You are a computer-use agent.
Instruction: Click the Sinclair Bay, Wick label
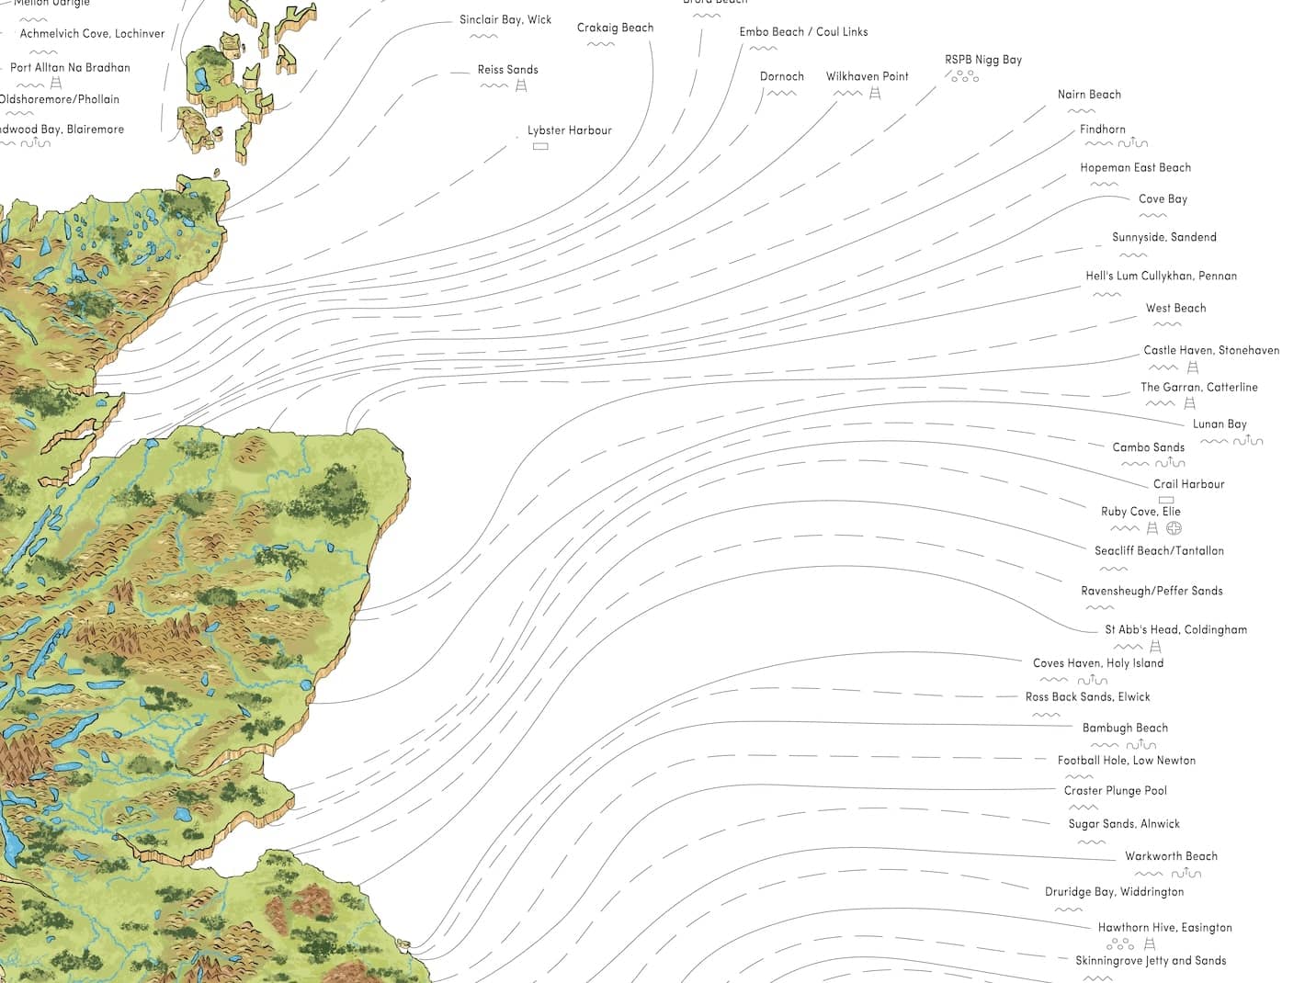[x=505, y=19]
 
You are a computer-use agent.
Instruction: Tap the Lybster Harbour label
[x=569, y=130]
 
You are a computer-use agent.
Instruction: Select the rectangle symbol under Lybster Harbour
[x=540, y=146]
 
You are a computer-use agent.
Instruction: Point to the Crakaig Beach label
[x=615, y=28]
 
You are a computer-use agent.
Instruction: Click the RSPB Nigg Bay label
[x=982, y=60]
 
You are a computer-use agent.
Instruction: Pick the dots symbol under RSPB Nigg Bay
[x=964, y=76]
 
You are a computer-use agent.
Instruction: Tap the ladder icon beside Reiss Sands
[x=521, y=85]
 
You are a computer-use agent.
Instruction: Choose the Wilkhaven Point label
[x=867, y=76]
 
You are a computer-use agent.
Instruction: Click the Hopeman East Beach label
[x=1135, y=168]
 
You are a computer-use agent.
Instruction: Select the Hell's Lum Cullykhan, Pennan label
[x=1161, y=276]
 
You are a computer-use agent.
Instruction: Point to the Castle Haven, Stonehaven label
[x=1210, y=350]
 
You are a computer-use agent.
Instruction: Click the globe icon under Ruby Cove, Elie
[x=1174, y=528]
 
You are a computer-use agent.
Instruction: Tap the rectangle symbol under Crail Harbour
[x=1166, y=500]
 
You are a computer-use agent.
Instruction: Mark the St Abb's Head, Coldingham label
[x=1175, y=630]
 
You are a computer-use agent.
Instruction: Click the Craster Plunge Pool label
[x=1115, y=791]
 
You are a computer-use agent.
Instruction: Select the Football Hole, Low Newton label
[x=1126, y=761]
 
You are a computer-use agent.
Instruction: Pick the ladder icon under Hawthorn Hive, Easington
[x=1149, y=943]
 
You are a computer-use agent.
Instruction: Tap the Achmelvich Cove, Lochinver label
[x=92, y=34]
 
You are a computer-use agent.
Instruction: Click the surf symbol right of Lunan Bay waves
[x=1248, y=441]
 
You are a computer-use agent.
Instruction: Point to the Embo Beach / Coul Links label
[x=803, y=32]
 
